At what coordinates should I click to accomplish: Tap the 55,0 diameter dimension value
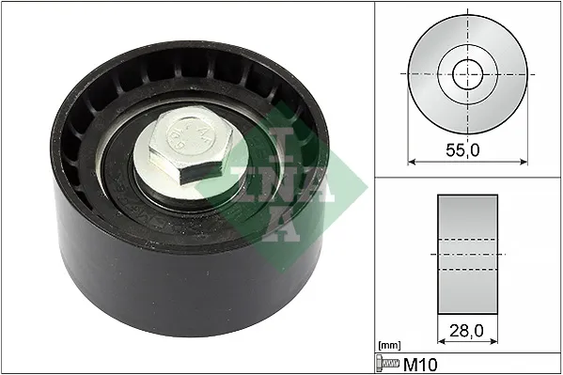point(462,149)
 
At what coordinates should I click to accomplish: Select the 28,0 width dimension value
point(466,331)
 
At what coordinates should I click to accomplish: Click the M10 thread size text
point(420,365)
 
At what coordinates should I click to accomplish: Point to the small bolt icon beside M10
point(387,364)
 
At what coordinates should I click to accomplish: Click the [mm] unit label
point(389,346)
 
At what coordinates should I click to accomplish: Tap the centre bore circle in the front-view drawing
point(467,74)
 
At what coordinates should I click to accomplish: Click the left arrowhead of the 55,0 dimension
point(412,162)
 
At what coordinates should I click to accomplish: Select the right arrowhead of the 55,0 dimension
point(524,162)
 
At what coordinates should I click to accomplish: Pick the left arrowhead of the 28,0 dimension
point(442,341)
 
